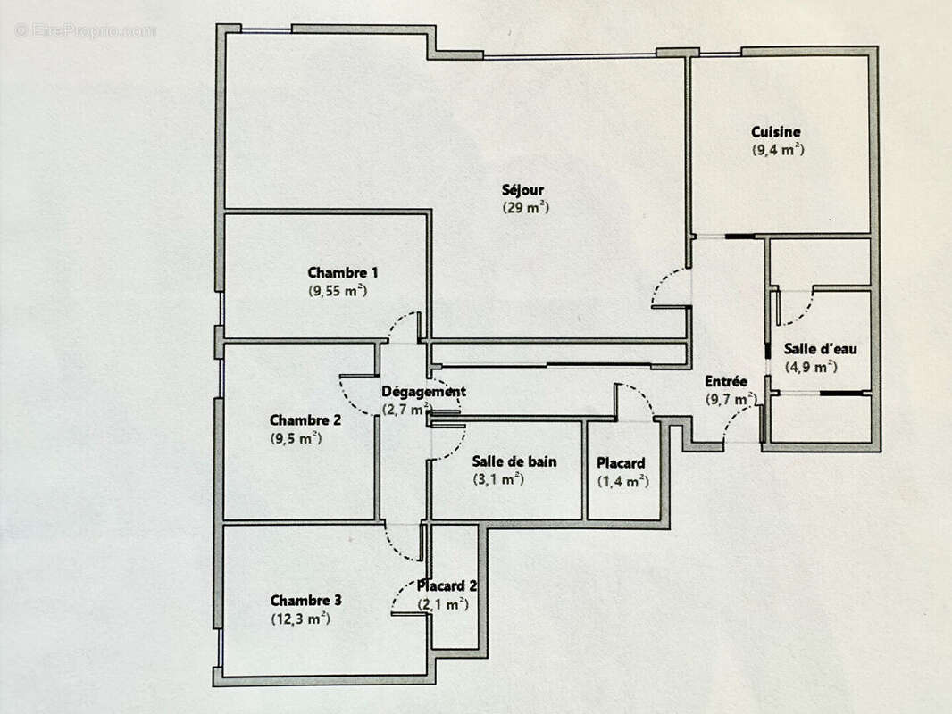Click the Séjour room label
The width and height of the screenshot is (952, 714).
tap(522, 190)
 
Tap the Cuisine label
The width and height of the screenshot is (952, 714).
tap(775, 132)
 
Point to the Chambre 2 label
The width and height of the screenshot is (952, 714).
tap(305, 420)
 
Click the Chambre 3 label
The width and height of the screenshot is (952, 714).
tap(305, 601)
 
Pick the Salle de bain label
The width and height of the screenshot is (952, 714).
tap(514, 461)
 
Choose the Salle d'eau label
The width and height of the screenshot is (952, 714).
tap(820, 349)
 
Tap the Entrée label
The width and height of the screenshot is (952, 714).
tap(726, 381)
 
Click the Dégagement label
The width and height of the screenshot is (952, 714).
tap(423, 392)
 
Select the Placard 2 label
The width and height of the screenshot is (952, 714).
tap(447, 586)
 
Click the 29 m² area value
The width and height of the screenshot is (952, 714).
tap(525, 208)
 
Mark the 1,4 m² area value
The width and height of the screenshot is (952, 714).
tap(622, 482)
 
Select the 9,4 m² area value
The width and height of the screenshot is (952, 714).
tap(778, 150)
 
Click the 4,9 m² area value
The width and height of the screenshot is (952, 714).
tap(810, 367)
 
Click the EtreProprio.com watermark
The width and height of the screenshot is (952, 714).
tap(86, 30)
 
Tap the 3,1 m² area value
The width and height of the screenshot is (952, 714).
tap(497, 479)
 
